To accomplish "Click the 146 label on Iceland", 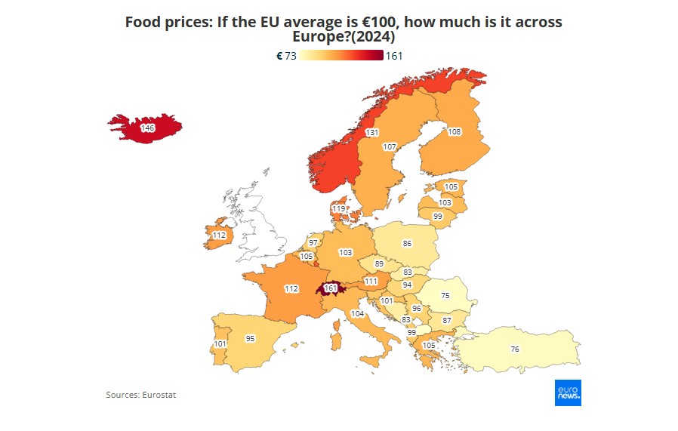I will click(148, 129).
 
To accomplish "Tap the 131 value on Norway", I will click(371, 132).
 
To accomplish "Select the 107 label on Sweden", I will click(390, 146).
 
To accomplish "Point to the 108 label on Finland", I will click(454, 132).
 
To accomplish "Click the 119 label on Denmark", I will click(339, 208).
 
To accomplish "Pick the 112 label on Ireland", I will click(219, 235).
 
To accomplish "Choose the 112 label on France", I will click(291, 288).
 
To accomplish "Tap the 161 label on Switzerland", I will click(330, 288).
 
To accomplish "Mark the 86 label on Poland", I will click(407, 243).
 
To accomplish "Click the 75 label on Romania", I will click(445, 296).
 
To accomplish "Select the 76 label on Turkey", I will click(514, 349).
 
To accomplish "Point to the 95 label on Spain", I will click(250, 339).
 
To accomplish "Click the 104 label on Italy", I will click(357, 313).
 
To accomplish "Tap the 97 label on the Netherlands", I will click(313, 243).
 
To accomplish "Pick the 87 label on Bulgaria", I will click(446, 321).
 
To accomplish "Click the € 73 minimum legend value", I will click(286, 56).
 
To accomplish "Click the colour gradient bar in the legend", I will click(341, 56).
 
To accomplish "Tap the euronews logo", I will click(568, 392).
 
